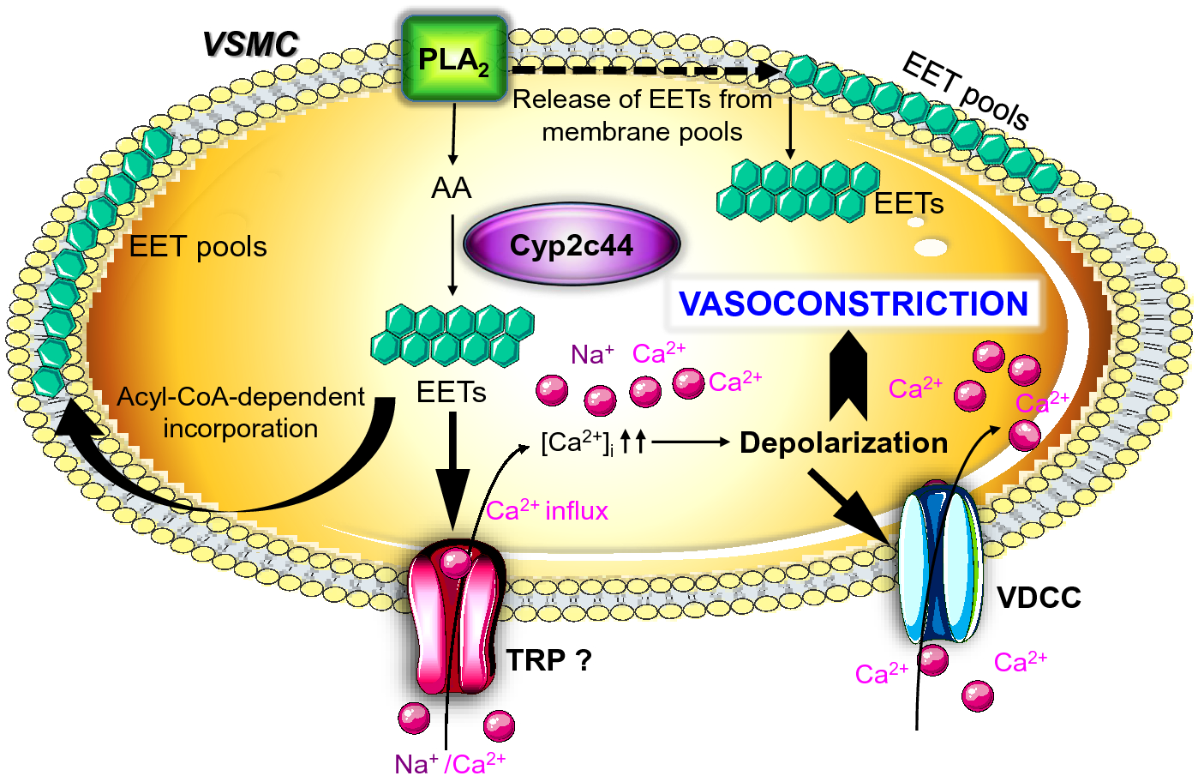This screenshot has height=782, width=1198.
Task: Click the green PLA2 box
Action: coord(454,58)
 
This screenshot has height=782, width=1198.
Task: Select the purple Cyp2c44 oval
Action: coord(572,245)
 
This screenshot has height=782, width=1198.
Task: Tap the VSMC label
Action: coord(250,45)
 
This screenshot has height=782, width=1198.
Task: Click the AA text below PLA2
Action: coord(452,188)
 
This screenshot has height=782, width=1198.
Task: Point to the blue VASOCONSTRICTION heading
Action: coord(854,304)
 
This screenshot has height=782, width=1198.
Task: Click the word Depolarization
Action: coord(843,442)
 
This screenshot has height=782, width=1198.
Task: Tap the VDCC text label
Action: coord(1039,598)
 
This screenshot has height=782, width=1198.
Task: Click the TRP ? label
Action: coord(548,660)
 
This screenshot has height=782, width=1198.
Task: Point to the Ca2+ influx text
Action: coord(547,510)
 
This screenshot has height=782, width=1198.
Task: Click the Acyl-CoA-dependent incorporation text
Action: coord(241,412)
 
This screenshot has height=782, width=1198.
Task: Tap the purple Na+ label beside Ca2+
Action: coord(592,354)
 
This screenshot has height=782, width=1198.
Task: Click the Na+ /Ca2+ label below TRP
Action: coord(450,762)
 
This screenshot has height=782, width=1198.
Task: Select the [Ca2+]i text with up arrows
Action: coord(592,442)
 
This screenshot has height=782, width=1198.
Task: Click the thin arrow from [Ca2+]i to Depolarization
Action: coord(690,442)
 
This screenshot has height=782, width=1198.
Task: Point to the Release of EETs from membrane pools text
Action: coord(642,116)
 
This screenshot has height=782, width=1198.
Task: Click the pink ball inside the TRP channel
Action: coord(455,562)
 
